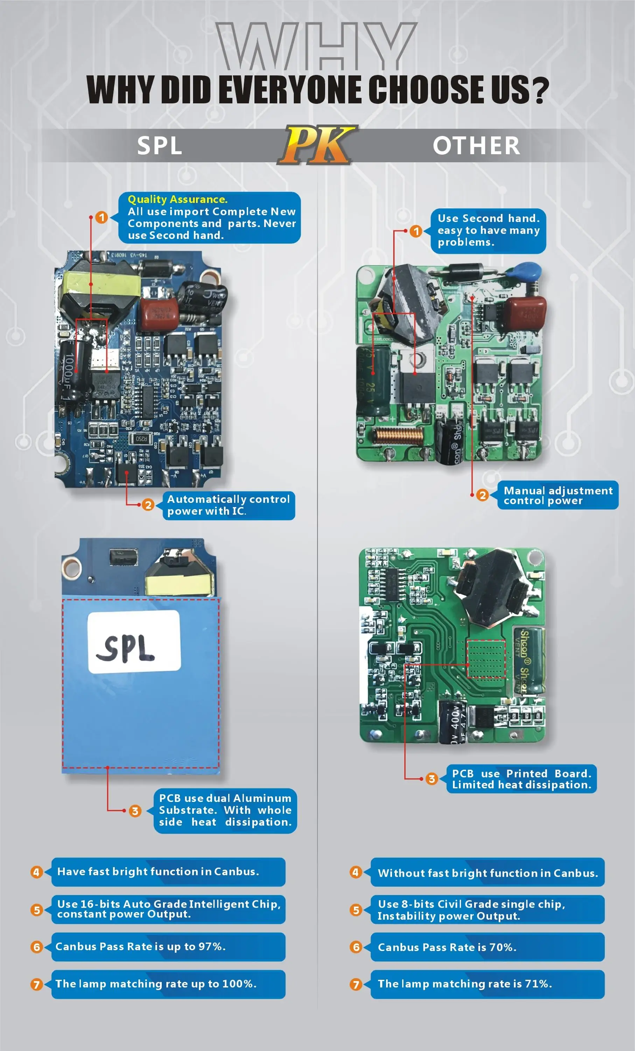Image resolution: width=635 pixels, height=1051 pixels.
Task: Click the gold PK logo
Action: point(317,145)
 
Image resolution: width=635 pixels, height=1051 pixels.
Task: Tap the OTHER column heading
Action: point(476,145)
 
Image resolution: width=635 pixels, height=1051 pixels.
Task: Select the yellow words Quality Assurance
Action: point(177,199)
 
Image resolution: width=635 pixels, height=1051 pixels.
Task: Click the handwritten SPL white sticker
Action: point(134,641)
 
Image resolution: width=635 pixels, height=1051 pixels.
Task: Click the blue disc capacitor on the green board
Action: point(527,270)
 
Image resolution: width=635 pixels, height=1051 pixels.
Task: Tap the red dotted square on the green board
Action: point(486,659)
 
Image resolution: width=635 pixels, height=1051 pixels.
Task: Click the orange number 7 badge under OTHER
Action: point(355,984)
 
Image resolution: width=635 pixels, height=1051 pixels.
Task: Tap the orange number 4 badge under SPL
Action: point(36,872)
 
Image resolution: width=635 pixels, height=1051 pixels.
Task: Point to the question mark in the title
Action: point(540,90)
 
